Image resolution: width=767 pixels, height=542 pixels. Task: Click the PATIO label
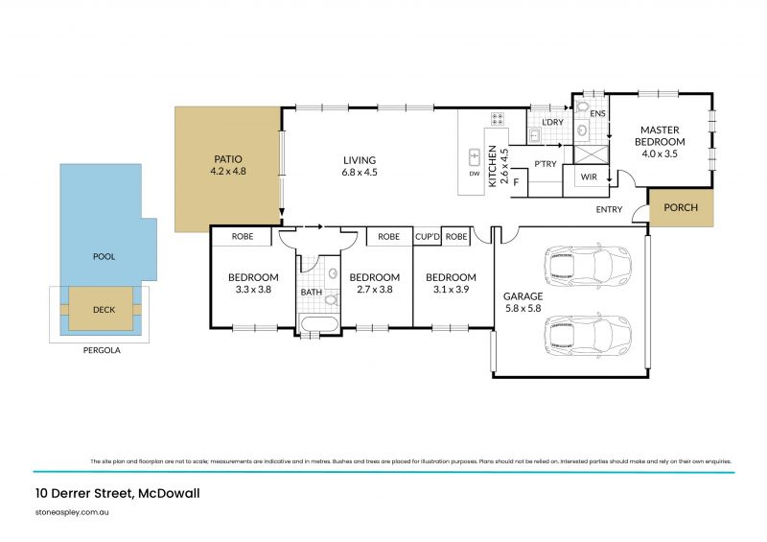point(227,158)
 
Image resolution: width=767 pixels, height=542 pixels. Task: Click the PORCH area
point(681,208)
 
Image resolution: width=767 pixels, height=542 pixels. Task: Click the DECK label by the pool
point(104,310)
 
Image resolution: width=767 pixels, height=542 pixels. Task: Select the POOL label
point(104,258)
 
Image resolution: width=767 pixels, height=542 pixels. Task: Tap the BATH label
point(312,292)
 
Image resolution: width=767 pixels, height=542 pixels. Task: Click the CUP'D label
point(427,236)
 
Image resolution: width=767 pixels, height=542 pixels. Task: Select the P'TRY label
point(546,164)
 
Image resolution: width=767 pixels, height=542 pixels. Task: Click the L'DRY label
point(552,124)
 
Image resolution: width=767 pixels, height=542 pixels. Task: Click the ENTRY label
point(609,209)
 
